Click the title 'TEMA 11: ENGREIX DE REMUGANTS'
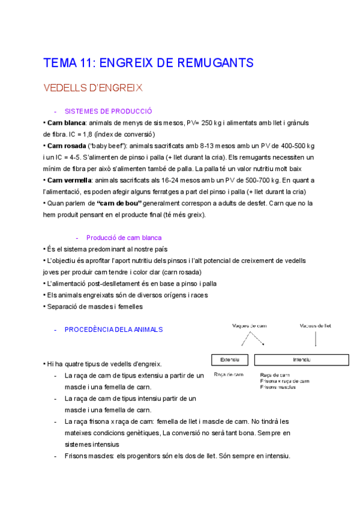coord(148,63)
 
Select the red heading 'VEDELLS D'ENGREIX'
coord(93,88)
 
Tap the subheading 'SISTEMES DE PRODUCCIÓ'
coord(108,111)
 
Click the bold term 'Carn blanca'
coord(66,122)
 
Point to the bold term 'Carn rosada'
coord(67,146)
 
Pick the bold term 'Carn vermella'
coord(69,180)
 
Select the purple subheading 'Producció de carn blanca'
coord(124,238)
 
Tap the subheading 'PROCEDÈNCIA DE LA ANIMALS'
coord(113,330)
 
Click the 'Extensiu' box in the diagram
coord(230,360)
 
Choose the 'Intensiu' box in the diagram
coord(301,360)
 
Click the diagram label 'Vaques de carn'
coord(250,326)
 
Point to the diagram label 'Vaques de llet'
coord(316,326)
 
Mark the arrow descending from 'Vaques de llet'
coord(316,340)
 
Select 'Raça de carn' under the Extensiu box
coord(229,374)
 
